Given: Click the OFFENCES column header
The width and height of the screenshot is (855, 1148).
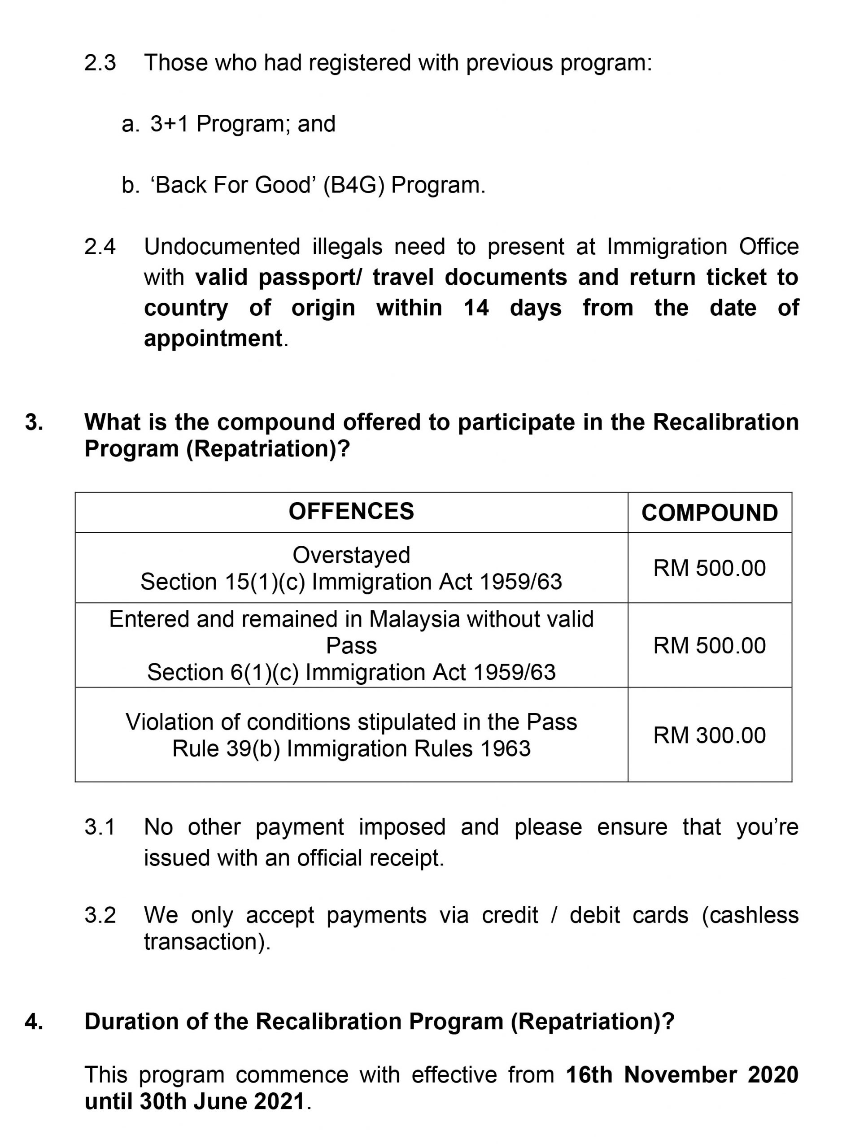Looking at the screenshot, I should pos(351,512).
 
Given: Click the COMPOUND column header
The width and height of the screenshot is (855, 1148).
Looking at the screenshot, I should pos(709,513).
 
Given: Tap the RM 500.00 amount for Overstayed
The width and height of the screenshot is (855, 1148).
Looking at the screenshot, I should pos(709,568).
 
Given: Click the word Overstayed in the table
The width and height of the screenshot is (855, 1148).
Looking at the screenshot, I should pos(351,555).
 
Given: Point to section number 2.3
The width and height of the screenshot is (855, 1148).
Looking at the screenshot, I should pos(100,63).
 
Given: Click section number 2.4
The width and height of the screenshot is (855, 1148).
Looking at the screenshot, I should pos(100,247).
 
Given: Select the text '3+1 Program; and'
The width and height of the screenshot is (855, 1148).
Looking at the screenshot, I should pos(243,124).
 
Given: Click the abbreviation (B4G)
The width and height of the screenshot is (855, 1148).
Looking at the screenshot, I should pos(354,185).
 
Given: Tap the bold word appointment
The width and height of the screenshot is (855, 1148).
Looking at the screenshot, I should pos(213,339).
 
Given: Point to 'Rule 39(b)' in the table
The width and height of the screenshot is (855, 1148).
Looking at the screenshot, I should pos(226,748).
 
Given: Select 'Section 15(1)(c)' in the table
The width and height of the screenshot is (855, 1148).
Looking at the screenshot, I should pos(222,582).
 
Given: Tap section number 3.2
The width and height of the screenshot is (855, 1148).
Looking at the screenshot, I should pos(100,915).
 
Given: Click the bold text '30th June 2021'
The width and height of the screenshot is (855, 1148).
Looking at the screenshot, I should pos(222,1101).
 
